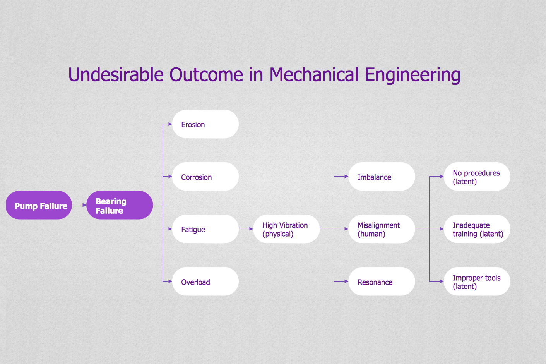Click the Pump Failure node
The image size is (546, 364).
(x=39, y=205)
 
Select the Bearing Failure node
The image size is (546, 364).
(x=120, y=205)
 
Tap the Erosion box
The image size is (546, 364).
(x=205, y=124)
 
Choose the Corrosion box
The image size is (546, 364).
(x=205, y=177)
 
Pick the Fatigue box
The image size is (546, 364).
(x=205, y=229)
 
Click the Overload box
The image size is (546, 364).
(x=205, y=281)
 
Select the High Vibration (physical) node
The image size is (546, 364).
(x=286, y=229)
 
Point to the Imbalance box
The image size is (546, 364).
(x=382, y=177)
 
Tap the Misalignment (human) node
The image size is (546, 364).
(x=382, y=229)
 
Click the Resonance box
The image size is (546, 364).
(x=382, y=281)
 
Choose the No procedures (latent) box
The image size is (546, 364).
(x=477, y=177)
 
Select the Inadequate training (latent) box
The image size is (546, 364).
(x=477, y=229)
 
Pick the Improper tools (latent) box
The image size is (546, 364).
(x=477, y=281)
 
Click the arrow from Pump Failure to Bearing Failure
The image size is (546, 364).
(x=79, y=205)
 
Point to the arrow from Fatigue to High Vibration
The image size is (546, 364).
(x=246, y=229)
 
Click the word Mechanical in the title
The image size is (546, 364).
(x=314, y=74)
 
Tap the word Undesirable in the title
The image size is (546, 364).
(x=116, y=74)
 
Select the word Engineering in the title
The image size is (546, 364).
(x=412, y=76)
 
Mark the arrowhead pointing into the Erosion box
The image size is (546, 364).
(x=170, y=124)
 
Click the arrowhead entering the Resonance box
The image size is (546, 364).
(x=347, y=281)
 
